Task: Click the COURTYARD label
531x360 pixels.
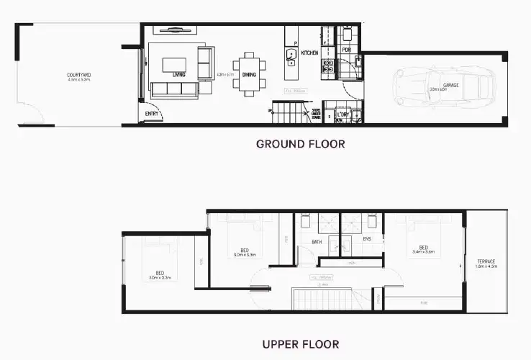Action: pos(78,74)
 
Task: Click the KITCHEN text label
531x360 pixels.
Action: pos(309,53)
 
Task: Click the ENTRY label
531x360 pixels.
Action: pos(152,114)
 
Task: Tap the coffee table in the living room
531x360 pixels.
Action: pos(175,65)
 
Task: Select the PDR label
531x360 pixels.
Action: pos(346,50)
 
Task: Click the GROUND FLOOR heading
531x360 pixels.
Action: pos(300,144)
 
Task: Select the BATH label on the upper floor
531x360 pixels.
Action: pos(317,242)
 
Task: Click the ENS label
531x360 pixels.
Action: pos(366,239)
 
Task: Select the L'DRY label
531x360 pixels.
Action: pos(342,114)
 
